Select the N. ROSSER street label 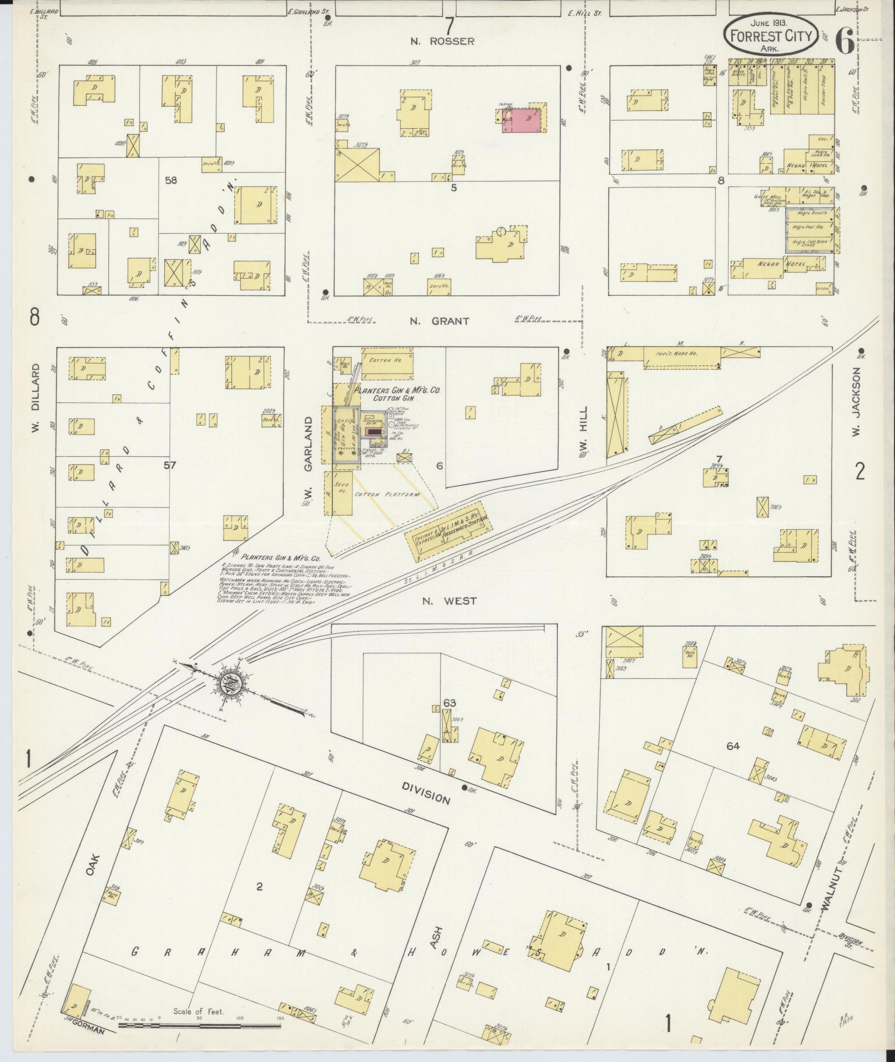click(442, 41)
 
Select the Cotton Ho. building click(387, 361)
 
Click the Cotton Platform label click(387, 494)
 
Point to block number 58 click(170, 180)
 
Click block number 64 click(733, 746)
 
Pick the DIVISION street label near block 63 click(426, 794)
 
